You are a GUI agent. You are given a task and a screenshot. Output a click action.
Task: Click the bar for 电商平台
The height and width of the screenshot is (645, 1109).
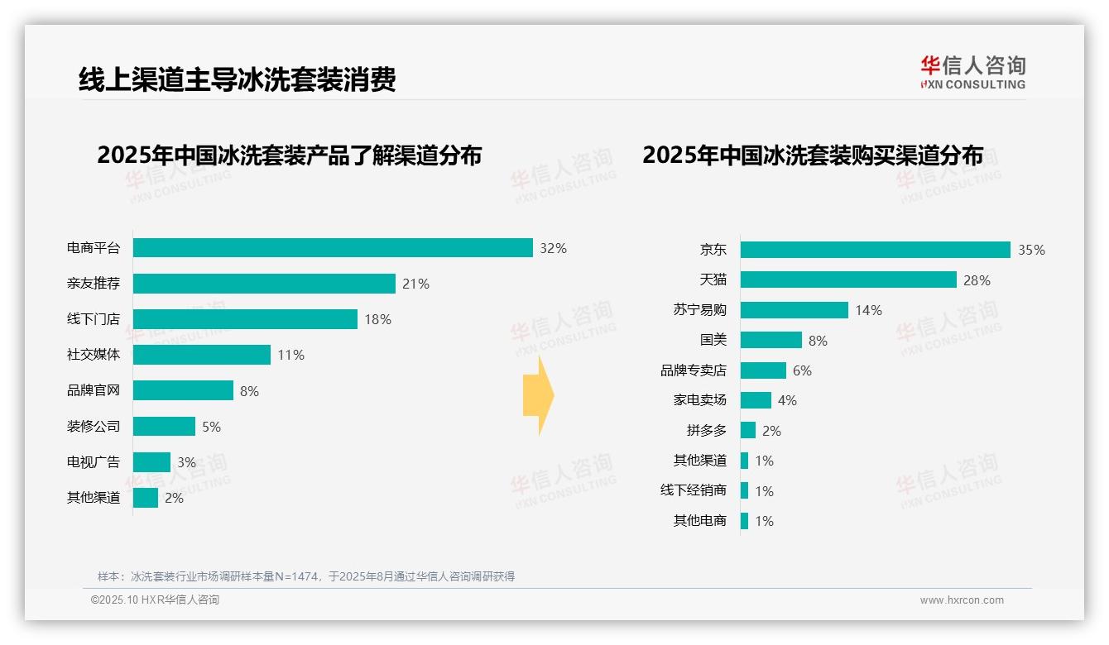[x=333, y=248]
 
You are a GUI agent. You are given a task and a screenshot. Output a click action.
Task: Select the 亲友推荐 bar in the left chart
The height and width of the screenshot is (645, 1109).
[x=264, y=284]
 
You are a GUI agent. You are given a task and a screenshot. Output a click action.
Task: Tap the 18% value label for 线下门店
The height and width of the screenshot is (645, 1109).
[x=377, y=319]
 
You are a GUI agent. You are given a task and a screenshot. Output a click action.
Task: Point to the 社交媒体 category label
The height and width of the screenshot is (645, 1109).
[x=94, y=355]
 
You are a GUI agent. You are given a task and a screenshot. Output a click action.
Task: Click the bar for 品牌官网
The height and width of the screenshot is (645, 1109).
[x=183, y=390]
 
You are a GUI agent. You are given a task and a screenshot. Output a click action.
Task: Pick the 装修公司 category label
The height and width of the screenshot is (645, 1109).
[x=94, y=427]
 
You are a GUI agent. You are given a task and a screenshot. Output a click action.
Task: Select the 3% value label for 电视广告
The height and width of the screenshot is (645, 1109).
[x=186, y=462]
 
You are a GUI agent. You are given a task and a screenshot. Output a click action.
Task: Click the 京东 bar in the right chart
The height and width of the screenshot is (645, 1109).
[x=875, y=250]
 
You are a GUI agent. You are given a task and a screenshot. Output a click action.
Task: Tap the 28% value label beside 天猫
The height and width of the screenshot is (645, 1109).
[x=977, y=280]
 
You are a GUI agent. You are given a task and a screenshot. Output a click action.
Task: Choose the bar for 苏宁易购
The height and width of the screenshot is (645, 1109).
[x=794, y=310]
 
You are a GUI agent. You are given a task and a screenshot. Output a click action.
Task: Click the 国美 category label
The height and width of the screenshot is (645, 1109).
[x=713, y=340]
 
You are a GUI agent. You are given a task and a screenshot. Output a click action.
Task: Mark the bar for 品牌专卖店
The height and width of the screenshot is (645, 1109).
[x=763, y=370]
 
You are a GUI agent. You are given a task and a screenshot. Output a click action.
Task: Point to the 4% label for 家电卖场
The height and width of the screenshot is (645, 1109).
[x=787, y=400]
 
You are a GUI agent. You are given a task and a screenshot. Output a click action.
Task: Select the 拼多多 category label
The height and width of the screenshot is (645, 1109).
[x=706, y=431]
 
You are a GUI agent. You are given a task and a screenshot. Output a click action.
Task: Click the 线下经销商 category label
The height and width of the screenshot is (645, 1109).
[x=693, y=490]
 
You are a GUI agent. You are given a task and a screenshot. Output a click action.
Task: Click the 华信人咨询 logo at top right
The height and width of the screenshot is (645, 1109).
[x=972, y=73]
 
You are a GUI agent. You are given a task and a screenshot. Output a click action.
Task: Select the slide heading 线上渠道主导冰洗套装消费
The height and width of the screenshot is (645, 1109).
[x=237, y=79]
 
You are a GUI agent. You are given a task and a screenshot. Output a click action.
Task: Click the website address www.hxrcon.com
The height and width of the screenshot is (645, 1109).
[x=962, y=600]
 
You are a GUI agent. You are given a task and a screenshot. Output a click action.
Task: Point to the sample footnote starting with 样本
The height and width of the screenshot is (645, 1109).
[x=306, y=576]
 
